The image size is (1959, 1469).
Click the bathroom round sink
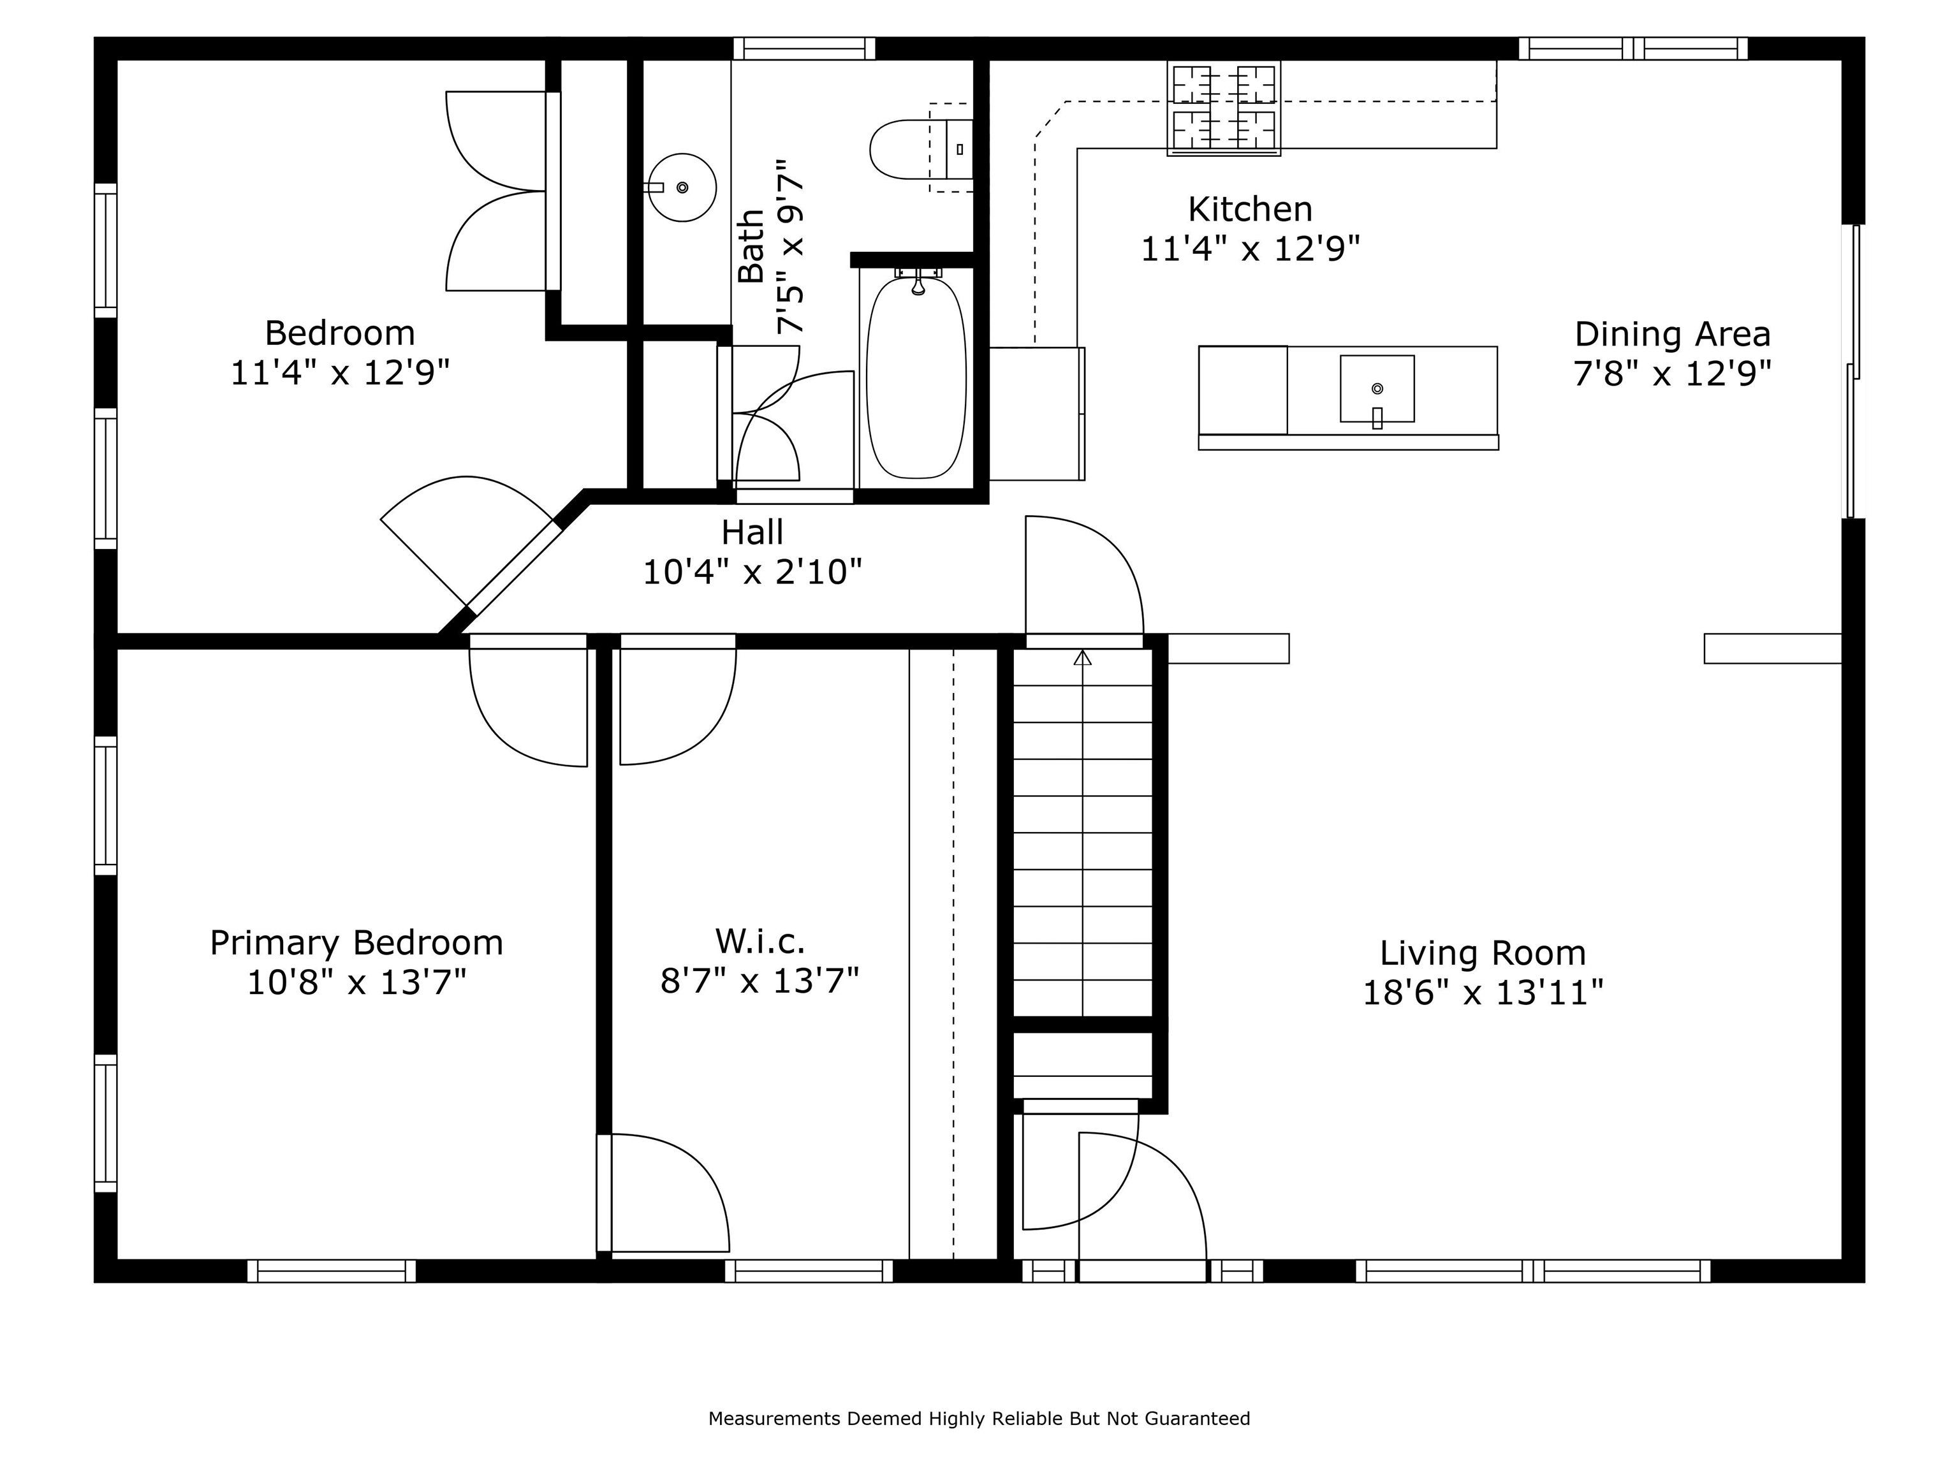[681, 187]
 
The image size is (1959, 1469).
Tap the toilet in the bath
[921, 149]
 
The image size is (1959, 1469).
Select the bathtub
[916, 376]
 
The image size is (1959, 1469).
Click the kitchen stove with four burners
[1224, 108]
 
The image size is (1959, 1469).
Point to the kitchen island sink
[1377, 390]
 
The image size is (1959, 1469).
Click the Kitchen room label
[1250, 210]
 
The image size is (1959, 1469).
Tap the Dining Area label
[1672, 335]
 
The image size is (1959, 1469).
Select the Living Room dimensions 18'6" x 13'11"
[1483, 993]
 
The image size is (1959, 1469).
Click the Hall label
[752, 532]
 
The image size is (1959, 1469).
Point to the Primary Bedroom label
[356, 942]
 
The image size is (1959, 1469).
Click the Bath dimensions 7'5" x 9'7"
[791, 247]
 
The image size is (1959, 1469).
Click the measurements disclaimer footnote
[979, 1419]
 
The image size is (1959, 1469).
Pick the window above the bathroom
[804, 48]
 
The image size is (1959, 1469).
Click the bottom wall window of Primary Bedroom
[331, 1271]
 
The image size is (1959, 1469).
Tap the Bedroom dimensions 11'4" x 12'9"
[340, 373]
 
